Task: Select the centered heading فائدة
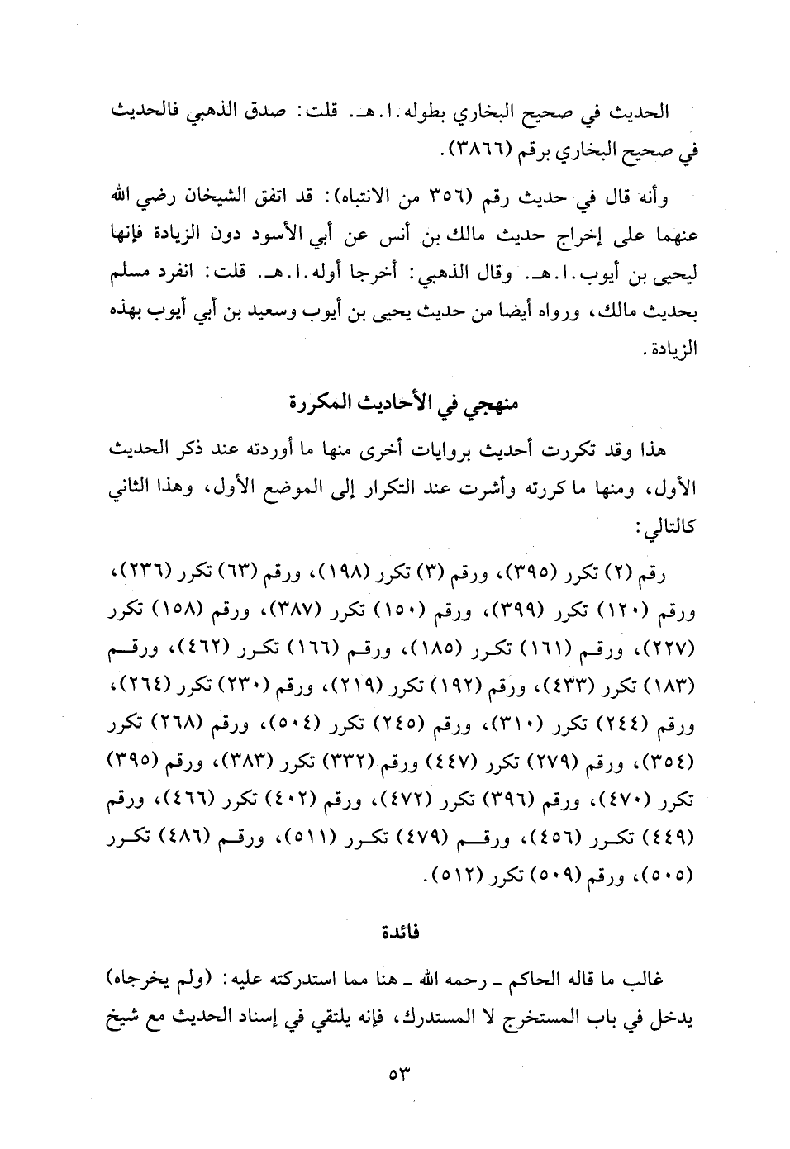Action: click(x=399, y=933)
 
